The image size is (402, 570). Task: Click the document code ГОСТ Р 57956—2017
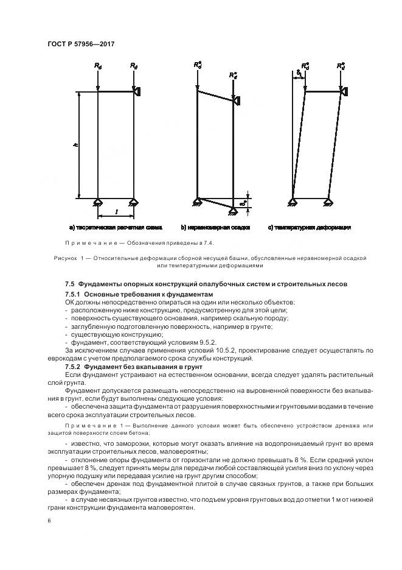coord(80,44)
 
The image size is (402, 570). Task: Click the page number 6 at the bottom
coord(49,521)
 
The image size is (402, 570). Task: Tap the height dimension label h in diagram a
coord(74,146)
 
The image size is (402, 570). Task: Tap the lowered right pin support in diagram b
coord(234,209)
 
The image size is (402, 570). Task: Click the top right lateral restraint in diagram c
coord(344,91)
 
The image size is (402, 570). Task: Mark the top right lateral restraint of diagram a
coord(137,91)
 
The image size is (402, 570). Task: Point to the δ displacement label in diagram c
coord(299,74)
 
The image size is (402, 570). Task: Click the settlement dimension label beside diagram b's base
coord(243,202)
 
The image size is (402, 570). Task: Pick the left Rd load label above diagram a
coord(99,65)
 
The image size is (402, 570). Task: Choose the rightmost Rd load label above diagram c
coord(341,65)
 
